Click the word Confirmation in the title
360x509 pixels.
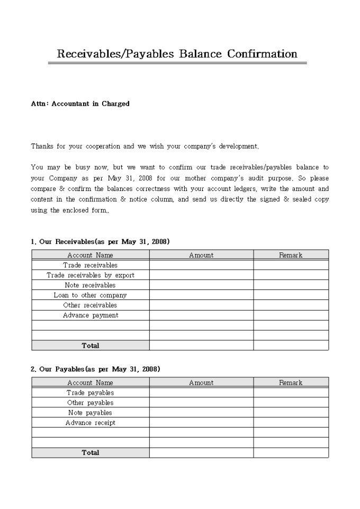(x=262, y=54)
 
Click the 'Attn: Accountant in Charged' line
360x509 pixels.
(x=80, y=104)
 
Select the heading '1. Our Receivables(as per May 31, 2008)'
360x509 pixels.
(x=100, y=242)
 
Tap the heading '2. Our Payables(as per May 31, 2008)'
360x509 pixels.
(x=95, y=369)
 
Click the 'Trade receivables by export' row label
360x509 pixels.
(x=90, y=275)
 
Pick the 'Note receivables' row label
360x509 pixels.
(x=90, y=285)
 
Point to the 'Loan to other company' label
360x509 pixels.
(x=90, y=295)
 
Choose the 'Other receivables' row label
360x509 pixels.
(x=90, y=305)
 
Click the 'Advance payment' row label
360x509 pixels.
(x=90, y=315)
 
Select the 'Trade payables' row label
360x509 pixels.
(x=90, y=393)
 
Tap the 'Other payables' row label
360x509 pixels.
(x=90, y=403)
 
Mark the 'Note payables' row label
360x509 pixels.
(x=90, y=413)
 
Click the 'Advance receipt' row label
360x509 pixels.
(x=90, y=423)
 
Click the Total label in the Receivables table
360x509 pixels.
(x=90, y=346)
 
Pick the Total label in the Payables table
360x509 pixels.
(x=90, y=453)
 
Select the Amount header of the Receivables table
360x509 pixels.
(x=201, y=255)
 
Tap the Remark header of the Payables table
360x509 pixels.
(x=291, y=383)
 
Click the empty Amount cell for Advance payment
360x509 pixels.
(x=201, y=315)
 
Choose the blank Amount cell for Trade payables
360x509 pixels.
(x=201, y=393)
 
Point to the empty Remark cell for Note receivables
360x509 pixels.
(x=291, y=285)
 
